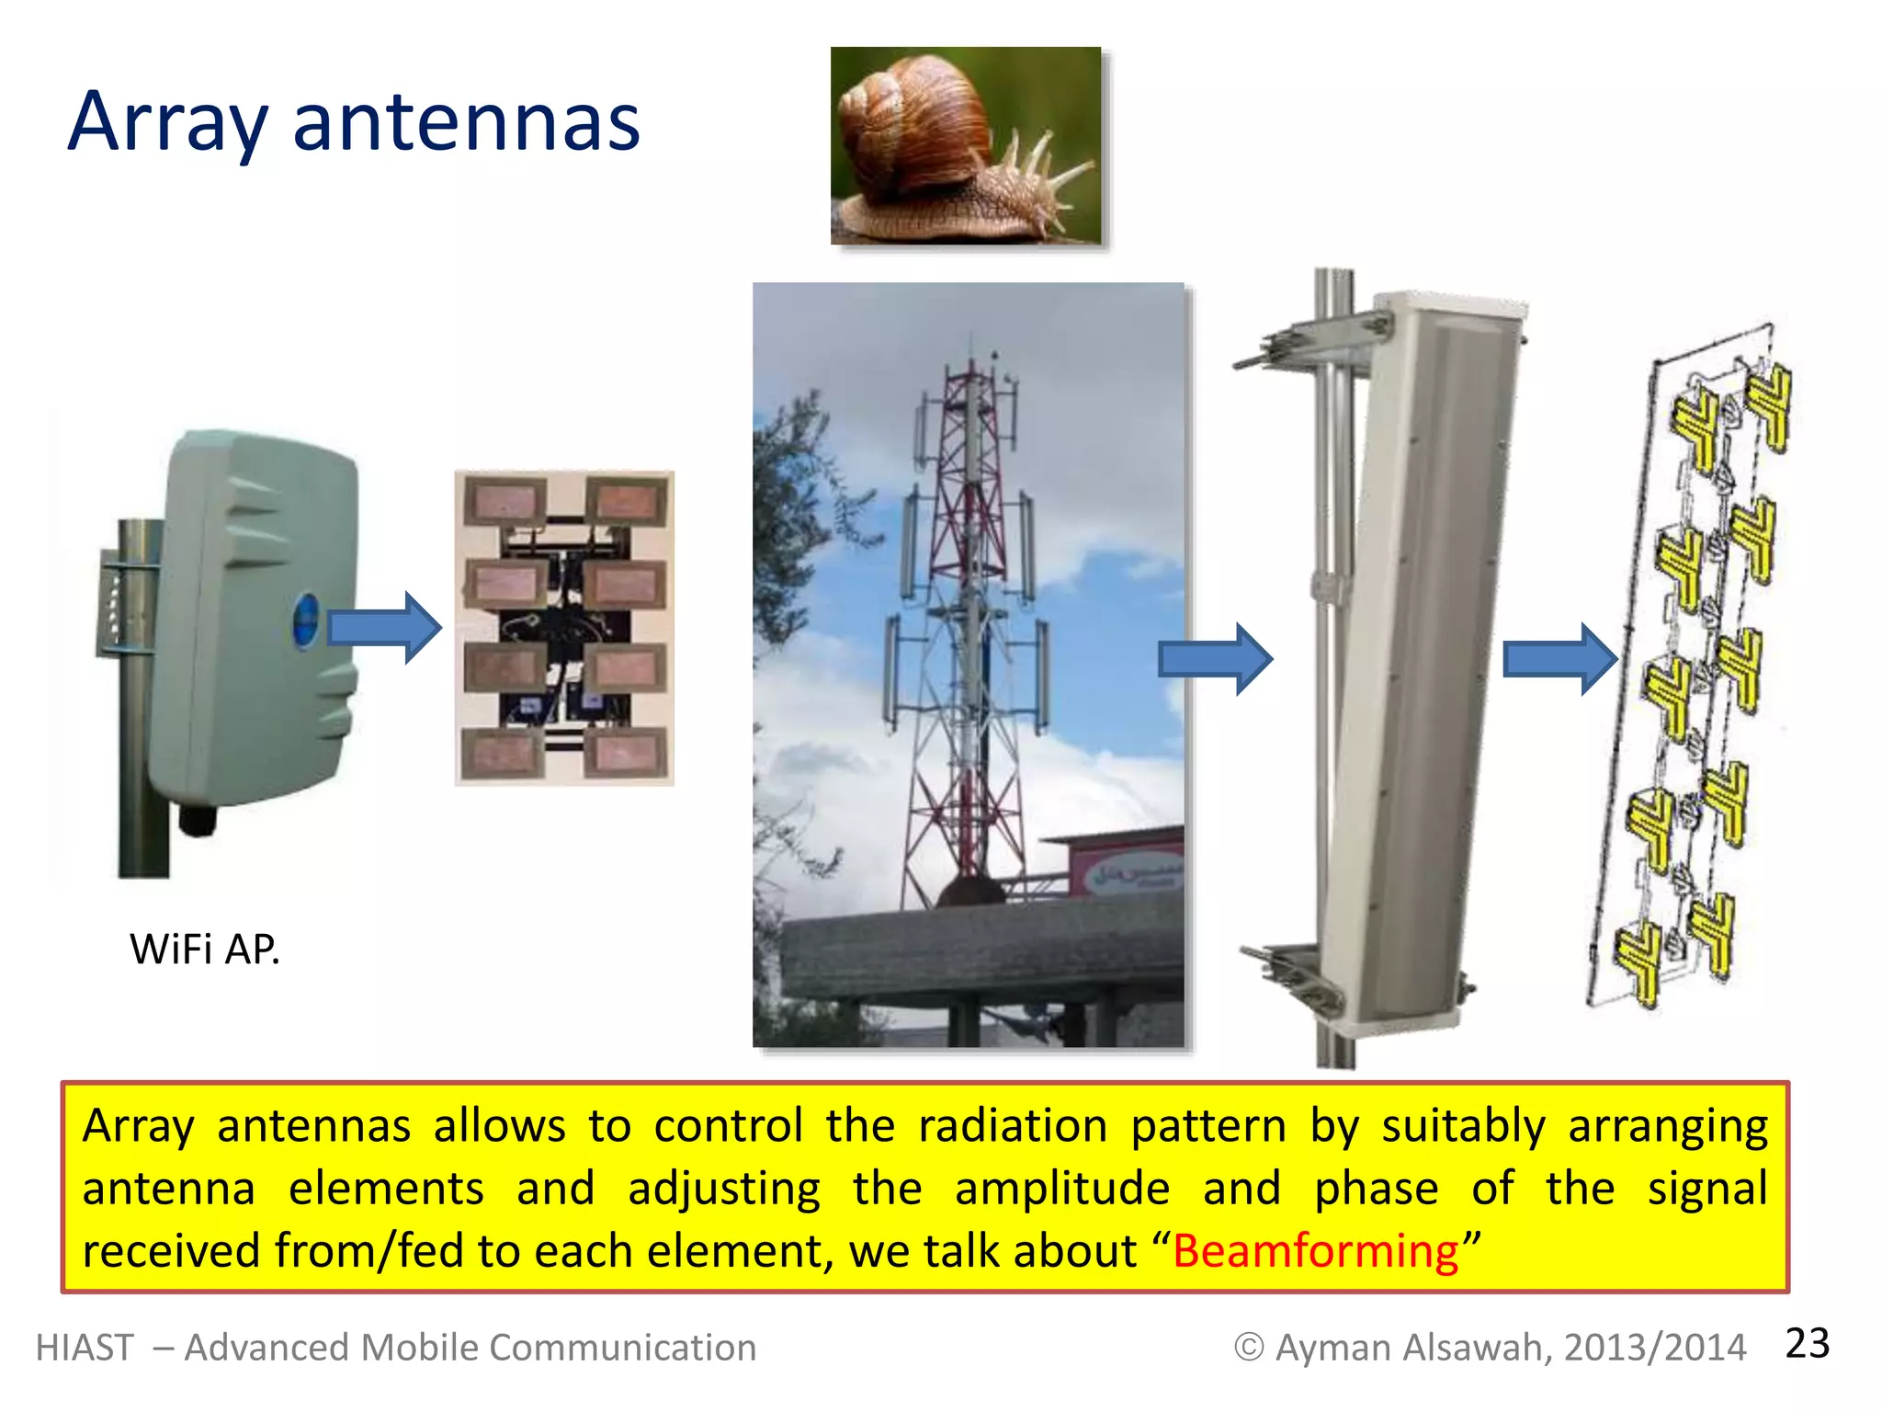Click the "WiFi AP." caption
(204, 949)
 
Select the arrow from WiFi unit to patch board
(385, 628)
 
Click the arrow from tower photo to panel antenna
(1215, 658)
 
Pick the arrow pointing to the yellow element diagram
(1559, 658)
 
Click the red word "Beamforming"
(1316, 1251)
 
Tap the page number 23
(1807, 1344)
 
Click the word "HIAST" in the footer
(85, 1348)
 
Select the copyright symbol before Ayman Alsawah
(1248, 1348)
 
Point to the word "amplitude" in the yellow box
(1062, 1189)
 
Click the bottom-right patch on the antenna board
(626, 754)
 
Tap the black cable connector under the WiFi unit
(197, 819)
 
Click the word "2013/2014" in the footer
(1654, 1348)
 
